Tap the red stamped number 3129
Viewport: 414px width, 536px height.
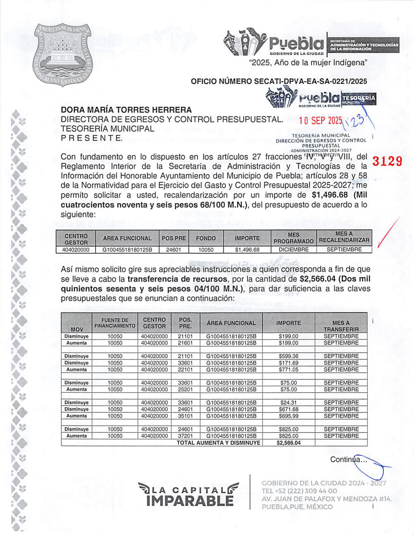[387, 161]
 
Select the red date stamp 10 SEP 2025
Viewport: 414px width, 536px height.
[320, 121]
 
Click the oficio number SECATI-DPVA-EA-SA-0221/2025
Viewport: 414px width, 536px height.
[279, 81]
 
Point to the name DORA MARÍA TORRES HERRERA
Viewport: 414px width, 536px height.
[126, 110]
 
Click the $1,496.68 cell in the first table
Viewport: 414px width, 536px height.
[247, 250]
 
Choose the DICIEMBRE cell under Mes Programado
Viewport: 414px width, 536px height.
[293, 250]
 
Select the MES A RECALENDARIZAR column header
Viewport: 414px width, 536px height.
[344, 237]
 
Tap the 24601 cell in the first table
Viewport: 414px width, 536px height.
[174, 250]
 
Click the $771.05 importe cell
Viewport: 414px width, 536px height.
[288, 370]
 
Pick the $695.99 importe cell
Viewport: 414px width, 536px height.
[288, 416]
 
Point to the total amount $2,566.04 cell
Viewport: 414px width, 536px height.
[288, 443]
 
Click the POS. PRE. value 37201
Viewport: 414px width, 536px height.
[185, 436]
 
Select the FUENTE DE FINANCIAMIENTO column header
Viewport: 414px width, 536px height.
[115, 323]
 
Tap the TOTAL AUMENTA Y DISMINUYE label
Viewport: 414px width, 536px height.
[218, 443]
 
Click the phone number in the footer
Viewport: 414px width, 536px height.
[299, 491]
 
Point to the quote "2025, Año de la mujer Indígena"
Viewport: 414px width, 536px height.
[308, 62]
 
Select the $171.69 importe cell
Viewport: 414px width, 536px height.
[288, 363]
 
